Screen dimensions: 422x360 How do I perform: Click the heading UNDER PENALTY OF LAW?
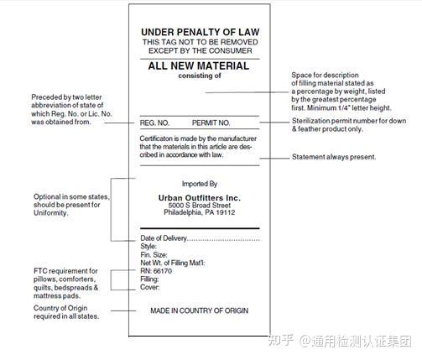(x=199, y=32)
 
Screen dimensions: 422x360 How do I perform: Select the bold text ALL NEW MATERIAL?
(x=199, y=65)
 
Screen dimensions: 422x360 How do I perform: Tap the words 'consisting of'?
(x=199, y=76)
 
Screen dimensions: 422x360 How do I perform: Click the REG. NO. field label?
(x=155, y=123)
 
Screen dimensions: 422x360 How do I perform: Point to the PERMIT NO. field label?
(x=211, y=123)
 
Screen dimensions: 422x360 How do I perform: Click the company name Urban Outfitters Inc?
(x=199, y=196)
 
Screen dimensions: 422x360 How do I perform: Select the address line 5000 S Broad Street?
(x=199, y=205)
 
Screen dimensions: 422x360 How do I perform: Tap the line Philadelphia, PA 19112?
(x=199, y=213)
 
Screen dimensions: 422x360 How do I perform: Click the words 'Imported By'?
(x=199, y=183)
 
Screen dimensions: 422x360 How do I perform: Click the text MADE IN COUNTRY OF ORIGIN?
(x=199, y=310)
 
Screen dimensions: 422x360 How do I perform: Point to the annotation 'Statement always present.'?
(x=334, y=157)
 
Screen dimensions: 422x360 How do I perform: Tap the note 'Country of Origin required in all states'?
(x=66, y=312)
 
